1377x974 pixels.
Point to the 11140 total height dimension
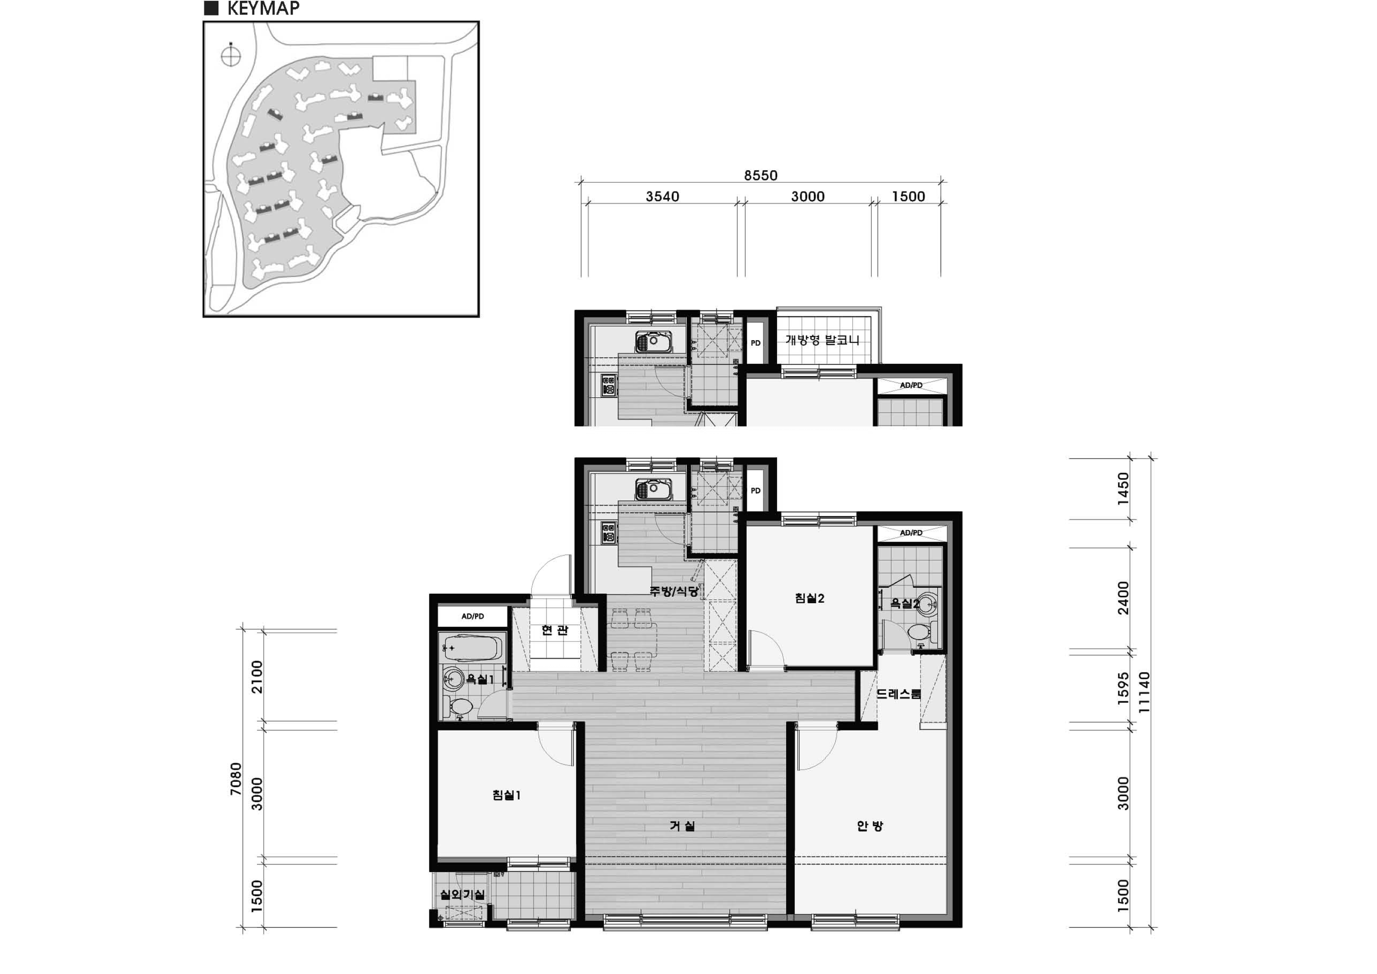pyautogui.click(x=1144, y=692)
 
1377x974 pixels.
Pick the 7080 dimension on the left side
pyautogui.click(x=236, y=779)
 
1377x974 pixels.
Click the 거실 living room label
pyautogui.click(x=682, y=826)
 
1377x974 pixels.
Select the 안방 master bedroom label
pyautogui.click(x=870, y=826)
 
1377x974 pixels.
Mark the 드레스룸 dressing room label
pyautogui.click(x=898, y=694)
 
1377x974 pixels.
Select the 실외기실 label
pyautogui.click(x=462, y=894)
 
